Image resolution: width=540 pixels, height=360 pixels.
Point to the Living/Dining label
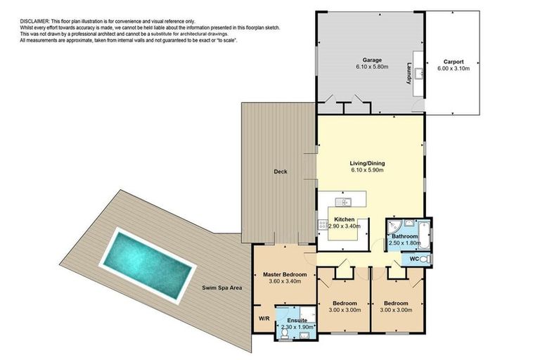pyautogui.click(x=371, y=164)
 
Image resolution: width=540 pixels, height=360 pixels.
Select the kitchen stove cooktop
pyautogui.click(x=323, y=225)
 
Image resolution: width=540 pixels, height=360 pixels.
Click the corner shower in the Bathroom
pyautogui.click(x=392, y=226)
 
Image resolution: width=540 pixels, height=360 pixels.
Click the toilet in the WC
pyautogui.click(x=422, y=259)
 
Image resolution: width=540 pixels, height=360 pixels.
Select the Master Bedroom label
pyautogui.click(x=285, y=274)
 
